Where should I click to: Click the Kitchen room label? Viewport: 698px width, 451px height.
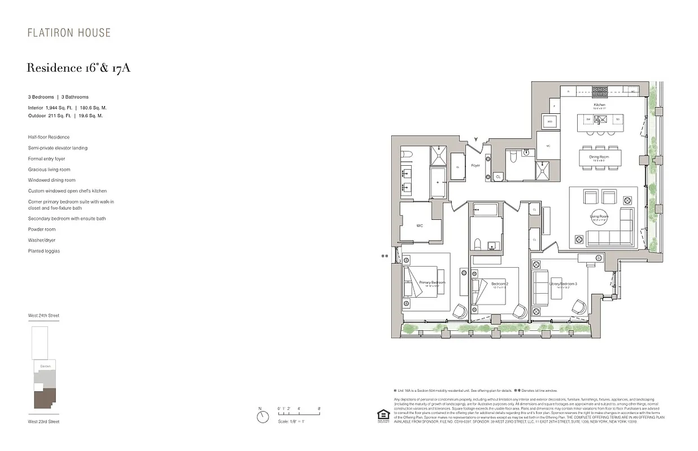[x=599, y=105]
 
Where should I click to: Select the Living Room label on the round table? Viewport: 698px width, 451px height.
[x=599, y=216]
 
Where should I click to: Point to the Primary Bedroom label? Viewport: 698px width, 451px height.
[x=432, y=282]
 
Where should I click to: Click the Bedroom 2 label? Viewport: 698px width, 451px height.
[x=500, y=283]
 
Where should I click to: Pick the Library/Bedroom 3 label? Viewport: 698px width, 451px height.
[x=563, y=284]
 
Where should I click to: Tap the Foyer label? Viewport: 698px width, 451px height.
[x=475, y=166]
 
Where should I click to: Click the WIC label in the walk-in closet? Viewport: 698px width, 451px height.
[x=420, y=225]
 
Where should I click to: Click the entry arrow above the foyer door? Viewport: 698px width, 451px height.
[x=476, y=139]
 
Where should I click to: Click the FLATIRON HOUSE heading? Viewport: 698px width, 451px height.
[x=69, y=33]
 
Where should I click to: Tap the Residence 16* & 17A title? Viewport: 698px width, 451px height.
[x=78, y=68]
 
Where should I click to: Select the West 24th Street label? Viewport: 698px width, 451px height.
[x=43, y=316]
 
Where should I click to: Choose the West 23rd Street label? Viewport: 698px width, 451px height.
[x=43, y=422]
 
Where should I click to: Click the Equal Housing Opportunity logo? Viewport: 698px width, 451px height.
[x=383, y=414]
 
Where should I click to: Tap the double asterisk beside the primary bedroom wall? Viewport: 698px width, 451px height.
[x=385, y=257]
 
